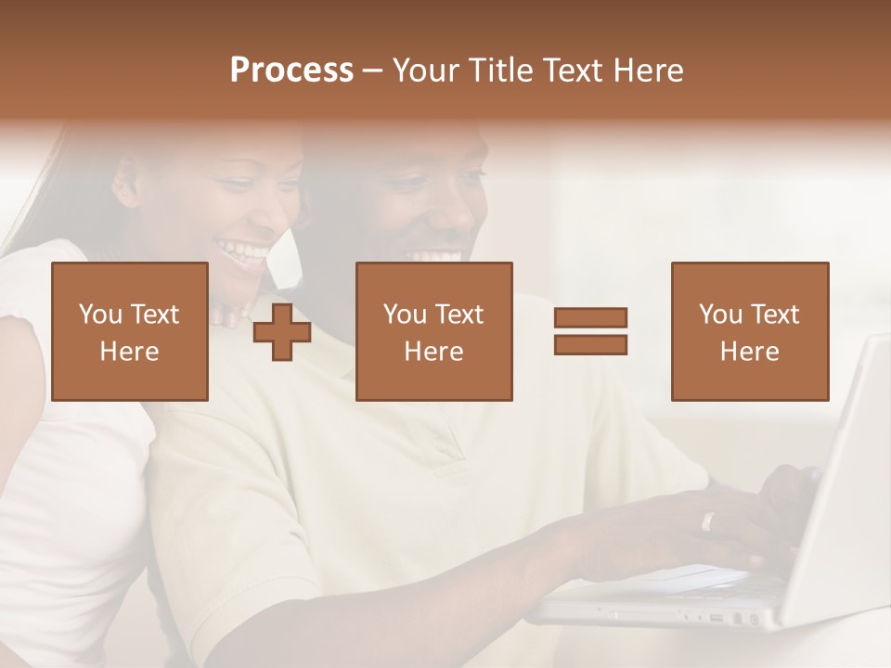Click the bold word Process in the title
(x=291, y=71)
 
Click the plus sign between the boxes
(x=282, y=331)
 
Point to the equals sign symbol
(x=590, y=331)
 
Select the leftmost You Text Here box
(x=130, y=331)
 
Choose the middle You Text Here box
(x=433, y=331)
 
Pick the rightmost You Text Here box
(x=749, y=331)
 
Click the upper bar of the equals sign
(x=590, y=318)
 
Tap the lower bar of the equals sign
(x=590, y=344)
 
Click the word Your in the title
(x=423, y=71)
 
